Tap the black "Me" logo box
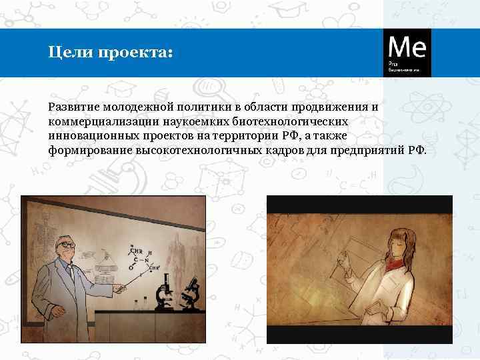(x=407, y=52)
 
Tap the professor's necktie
(x=71, y=273)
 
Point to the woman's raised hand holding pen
(x=345, y=261)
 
